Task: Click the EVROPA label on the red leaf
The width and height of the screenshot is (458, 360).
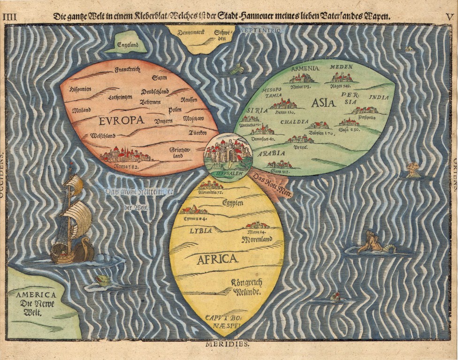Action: click(x=121, y=120)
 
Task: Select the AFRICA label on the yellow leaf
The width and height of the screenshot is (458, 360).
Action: click(x=218, y=259)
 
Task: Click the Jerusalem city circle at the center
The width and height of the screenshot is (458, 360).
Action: click(x=228, y=154)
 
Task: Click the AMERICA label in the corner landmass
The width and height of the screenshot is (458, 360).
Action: click(x=36, y=295)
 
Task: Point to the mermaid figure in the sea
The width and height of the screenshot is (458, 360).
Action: click(x=371, y=242)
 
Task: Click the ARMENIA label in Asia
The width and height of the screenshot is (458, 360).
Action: click(x=305, y=68)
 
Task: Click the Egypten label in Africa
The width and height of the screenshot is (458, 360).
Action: click(x=232, y=203)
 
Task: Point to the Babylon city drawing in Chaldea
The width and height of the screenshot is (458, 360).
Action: click(x=318, y=125)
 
